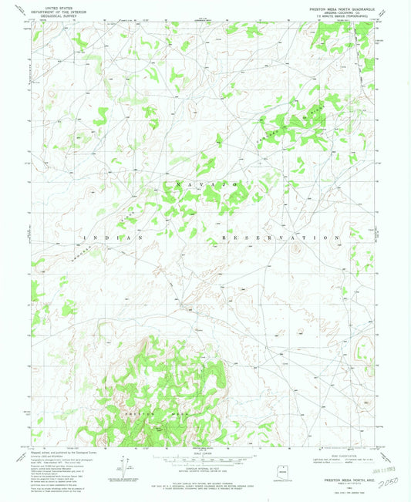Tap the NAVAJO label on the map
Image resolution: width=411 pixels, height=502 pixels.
pos(204,185)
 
